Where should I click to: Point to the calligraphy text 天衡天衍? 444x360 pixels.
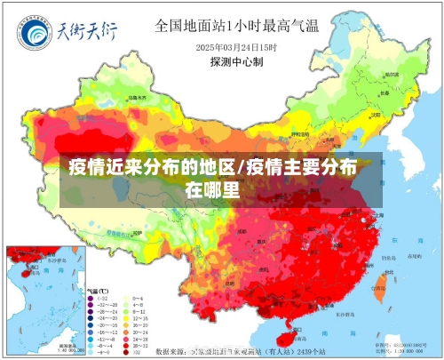(x=87, y=34)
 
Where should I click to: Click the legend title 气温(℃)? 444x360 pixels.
(x=98, y=291)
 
